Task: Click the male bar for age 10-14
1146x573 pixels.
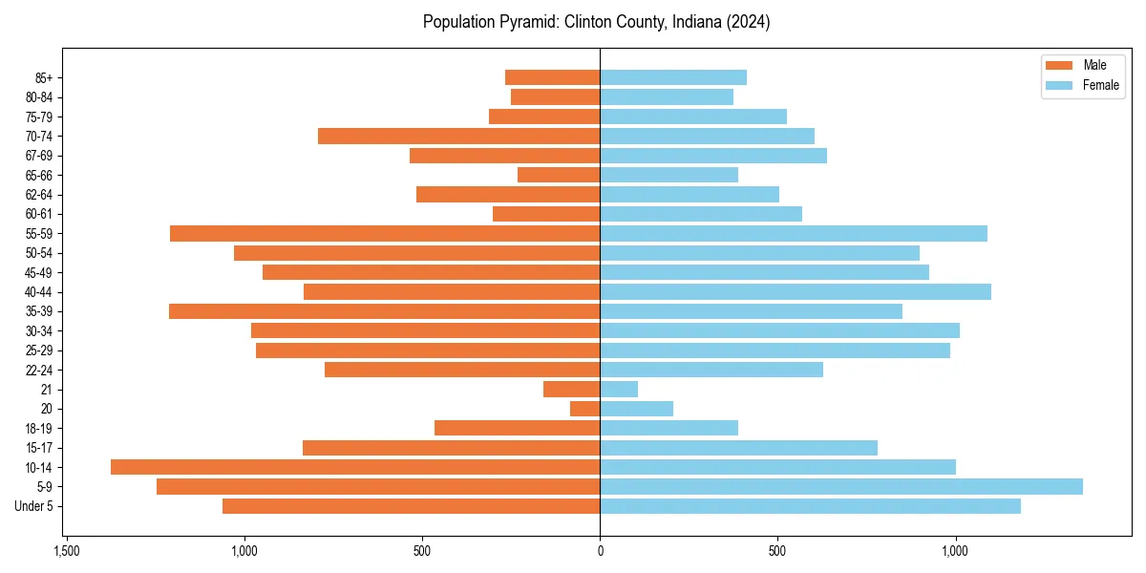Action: (x=355, y=467)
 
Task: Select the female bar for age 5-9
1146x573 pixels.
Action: (x=841, y=486)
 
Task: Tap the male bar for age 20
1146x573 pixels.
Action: (x=585, y=409)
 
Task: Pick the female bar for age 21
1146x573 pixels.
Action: (x=619, y=389)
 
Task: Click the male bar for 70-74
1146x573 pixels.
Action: (x=459, y=136)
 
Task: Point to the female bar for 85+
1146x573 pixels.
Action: (x=673, y=77)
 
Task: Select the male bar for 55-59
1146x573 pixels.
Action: (x=385, y=233)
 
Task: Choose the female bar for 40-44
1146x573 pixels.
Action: (x=796, y=291)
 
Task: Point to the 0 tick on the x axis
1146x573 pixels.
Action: (x=600, y=551)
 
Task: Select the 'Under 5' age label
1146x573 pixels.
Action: (x=33, y=506)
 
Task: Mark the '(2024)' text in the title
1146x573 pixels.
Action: (x=749, y=22)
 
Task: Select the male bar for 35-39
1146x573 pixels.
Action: (x=384, y=311)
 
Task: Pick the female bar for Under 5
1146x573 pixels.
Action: (x=810, y=506)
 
